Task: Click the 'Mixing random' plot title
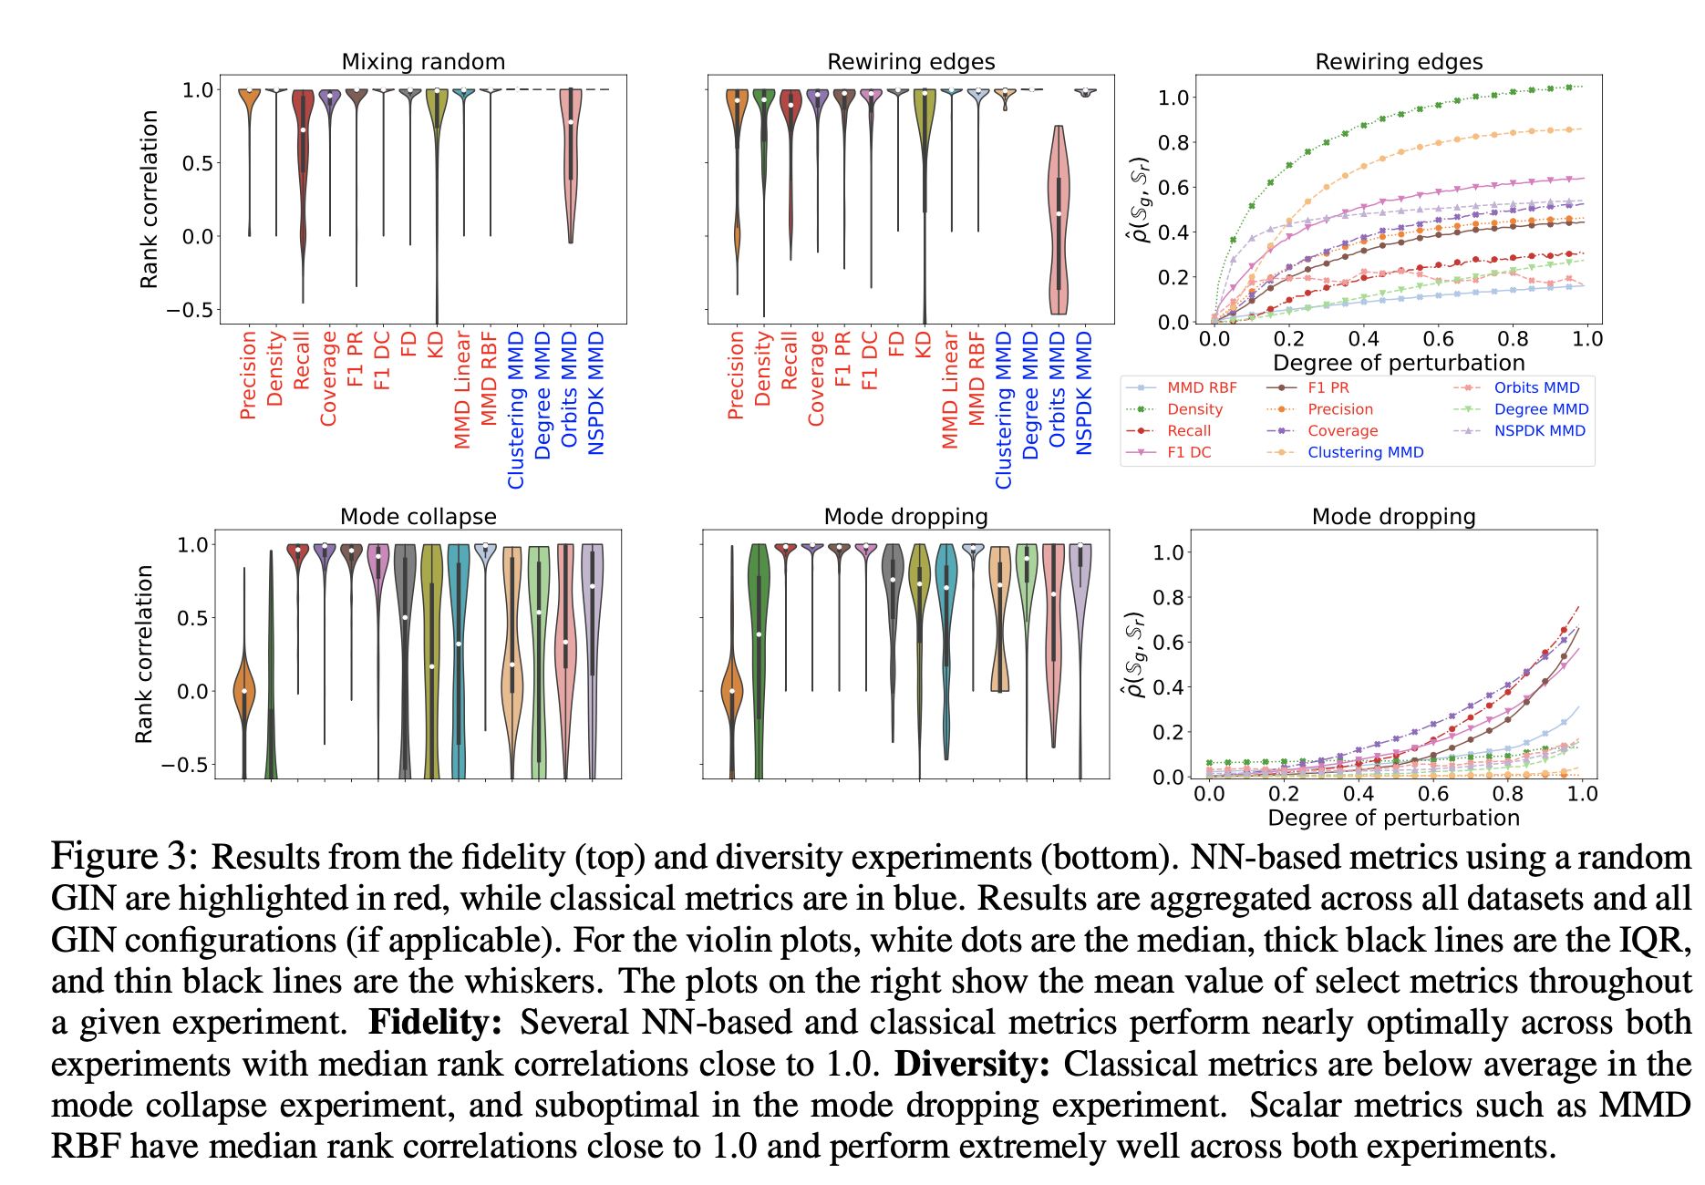[x=423, y=62]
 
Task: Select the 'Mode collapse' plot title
[x=418, y=517]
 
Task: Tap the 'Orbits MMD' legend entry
[x=1536, y=388]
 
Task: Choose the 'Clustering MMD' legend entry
[x=1365, y=452]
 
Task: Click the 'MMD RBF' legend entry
[x=1202, y=388]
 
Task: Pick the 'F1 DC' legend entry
[x=1189, y=452]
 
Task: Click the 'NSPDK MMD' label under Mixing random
[x=596, y=393]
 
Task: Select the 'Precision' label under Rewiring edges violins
[x=736, y=375]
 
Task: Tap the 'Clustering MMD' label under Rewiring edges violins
[x=1004, y=410]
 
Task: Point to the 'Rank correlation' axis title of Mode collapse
[x=144, y=654]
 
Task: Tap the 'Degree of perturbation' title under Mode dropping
[x=1393, y=818]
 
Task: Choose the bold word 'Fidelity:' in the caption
[x=434, y=1023]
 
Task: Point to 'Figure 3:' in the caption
[x=124, y=857]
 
